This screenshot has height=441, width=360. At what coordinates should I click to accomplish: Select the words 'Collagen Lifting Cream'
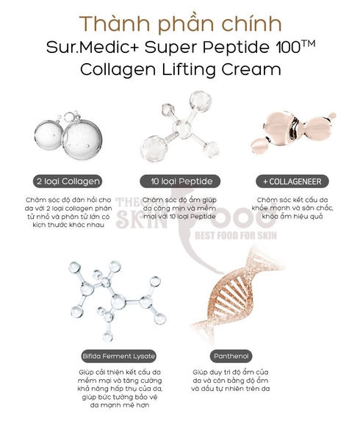coord(181,71)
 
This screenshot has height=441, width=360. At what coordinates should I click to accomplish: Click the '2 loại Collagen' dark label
coord(68,180)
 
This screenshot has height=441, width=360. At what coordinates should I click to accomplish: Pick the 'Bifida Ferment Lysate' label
coord(119,356)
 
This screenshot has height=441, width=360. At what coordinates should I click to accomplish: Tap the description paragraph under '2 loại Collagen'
coord(68,213)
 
